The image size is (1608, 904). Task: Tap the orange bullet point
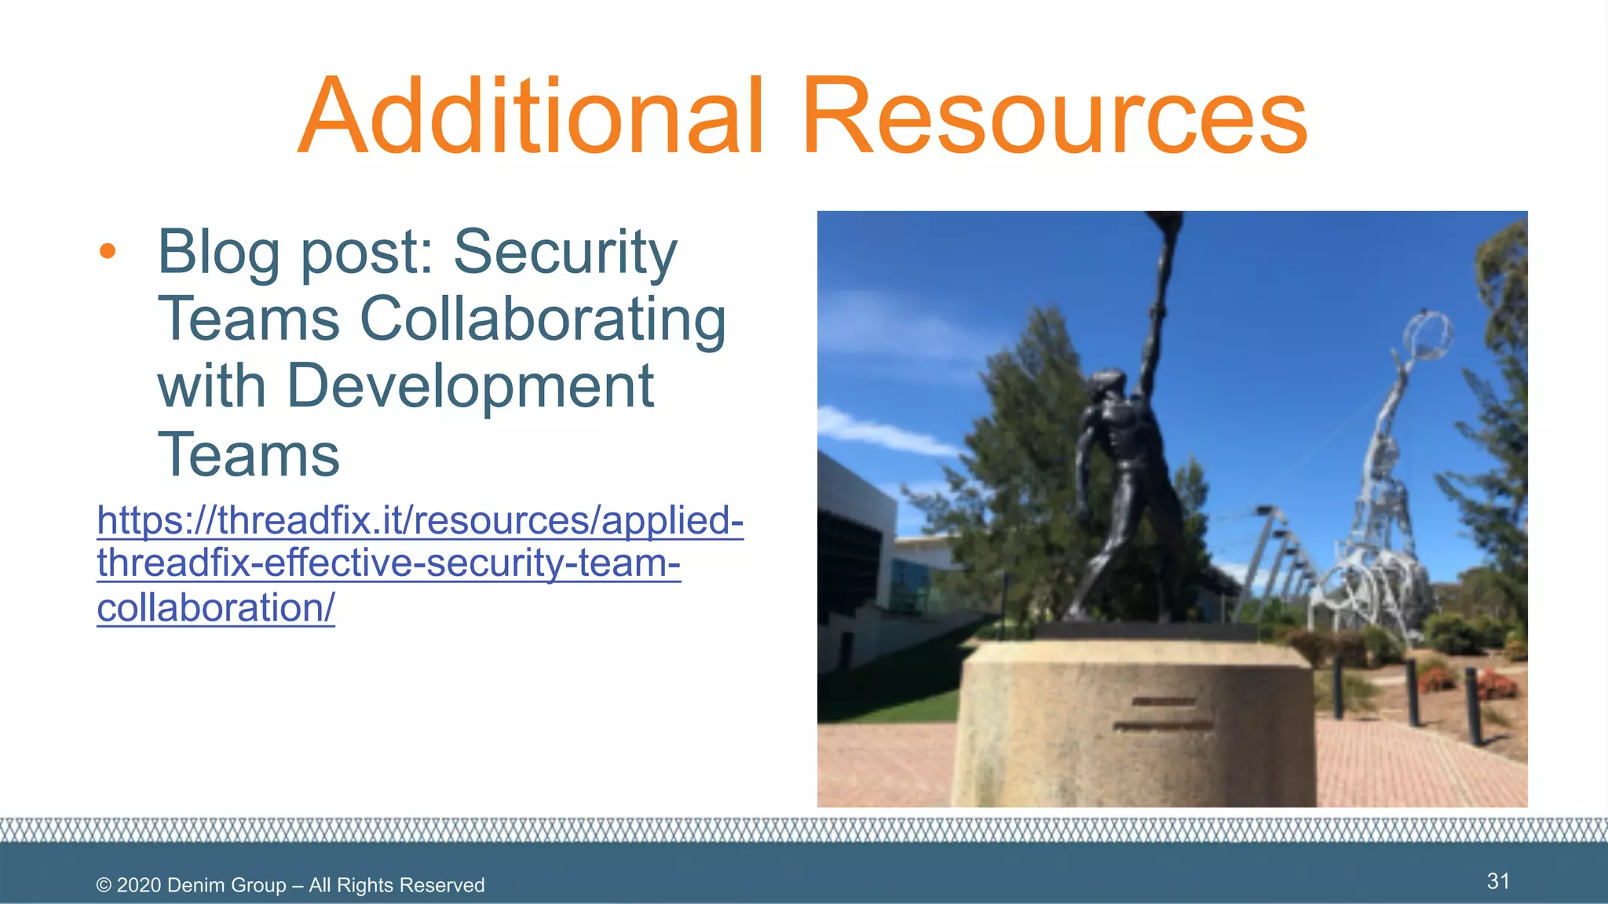(108, 251)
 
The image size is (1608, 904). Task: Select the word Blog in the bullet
(218, 253)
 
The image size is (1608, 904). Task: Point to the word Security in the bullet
(565, 253)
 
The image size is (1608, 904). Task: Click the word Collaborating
(543, 320)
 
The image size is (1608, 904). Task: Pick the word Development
(470, 387)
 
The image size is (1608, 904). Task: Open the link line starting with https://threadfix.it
(420, 519)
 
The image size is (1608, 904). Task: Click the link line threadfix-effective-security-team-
(389, 563)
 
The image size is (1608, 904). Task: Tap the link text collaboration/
(216, 607)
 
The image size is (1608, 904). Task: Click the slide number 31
(1498, 880)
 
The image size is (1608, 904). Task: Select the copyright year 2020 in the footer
(139, 885)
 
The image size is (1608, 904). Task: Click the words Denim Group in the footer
(227, 885)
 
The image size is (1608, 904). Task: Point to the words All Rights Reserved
(397, 885)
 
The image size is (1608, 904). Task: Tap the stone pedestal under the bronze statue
(1135, 722)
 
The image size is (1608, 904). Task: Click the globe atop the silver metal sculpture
(1427, 334)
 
